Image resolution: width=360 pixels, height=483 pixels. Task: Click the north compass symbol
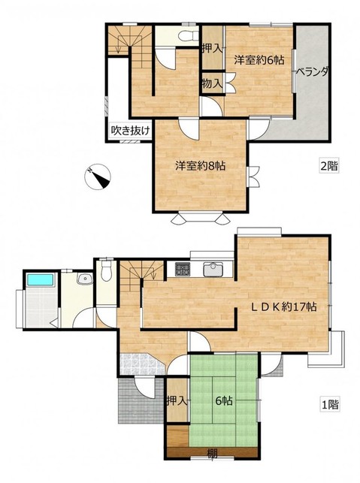tap(98, 177)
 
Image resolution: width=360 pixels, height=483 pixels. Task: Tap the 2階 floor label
tap(329, 166)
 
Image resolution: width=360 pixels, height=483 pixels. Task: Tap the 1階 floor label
tap(329, 404)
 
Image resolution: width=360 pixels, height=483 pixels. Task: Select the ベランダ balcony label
tap(312, 72)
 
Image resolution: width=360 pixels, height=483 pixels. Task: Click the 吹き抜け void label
tap(130, 131)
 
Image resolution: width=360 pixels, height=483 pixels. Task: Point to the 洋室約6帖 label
tap(259, 60)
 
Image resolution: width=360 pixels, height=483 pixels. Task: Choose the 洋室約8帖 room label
tap(201, 166)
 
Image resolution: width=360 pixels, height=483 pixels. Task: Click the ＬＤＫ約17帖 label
tap(283, 306)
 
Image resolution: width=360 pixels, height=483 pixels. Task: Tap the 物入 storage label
tap(212, 83)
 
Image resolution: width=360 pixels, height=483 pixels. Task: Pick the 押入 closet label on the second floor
tap(212, 48)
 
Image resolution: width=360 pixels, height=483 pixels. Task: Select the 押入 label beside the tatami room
tap(177, 400)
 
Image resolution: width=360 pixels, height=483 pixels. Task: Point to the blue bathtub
tap(41, 279)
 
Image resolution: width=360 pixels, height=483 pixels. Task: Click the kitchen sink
tap(213, 270)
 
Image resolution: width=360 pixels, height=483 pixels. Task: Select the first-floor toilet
tap(106, 270)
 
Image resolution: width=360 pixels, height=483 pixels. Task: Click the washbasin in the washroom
tap(85, 279)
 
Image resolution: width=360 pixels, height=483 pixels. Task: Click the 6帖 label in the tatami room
tap(224, 401)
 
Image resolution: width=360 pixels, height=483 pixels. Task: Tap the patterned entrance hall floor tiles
tap(141, 364)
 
